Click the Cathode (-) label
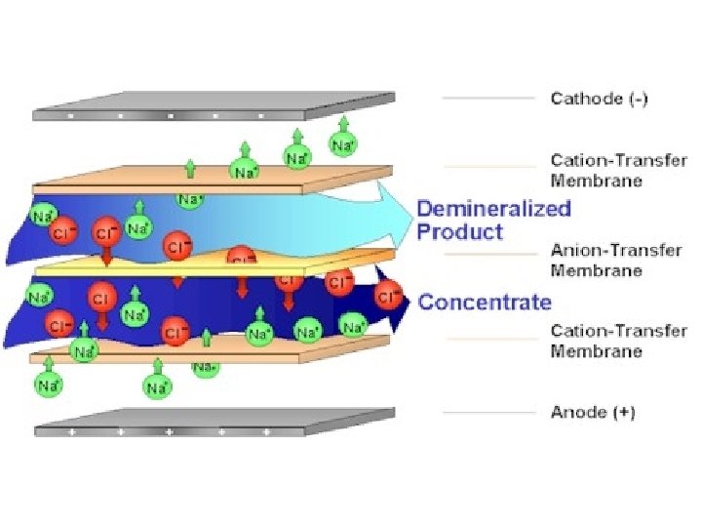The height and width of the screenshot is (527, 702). click(x=599, y=98)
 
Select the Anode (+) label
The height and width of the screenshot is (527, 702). click(x=593, y=413)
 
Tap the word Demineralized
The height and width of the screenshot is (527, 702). click(x=494, y=208)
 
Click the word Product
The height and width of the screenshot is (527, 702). click(x=460, y=231)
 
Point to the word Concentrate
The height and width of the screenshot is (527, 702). click(x=485, y=302)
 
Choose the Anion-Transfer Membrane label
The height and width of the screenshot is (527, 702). click(x=616, y=260)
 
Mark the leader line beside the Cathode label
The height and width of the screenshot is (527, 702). click(x=488, y=98)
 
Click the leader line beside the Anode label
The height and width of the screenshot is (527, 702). click(x=488, y=413)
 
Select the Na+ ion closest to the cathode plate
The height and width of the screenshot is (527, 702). click(x=342, y=144)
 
